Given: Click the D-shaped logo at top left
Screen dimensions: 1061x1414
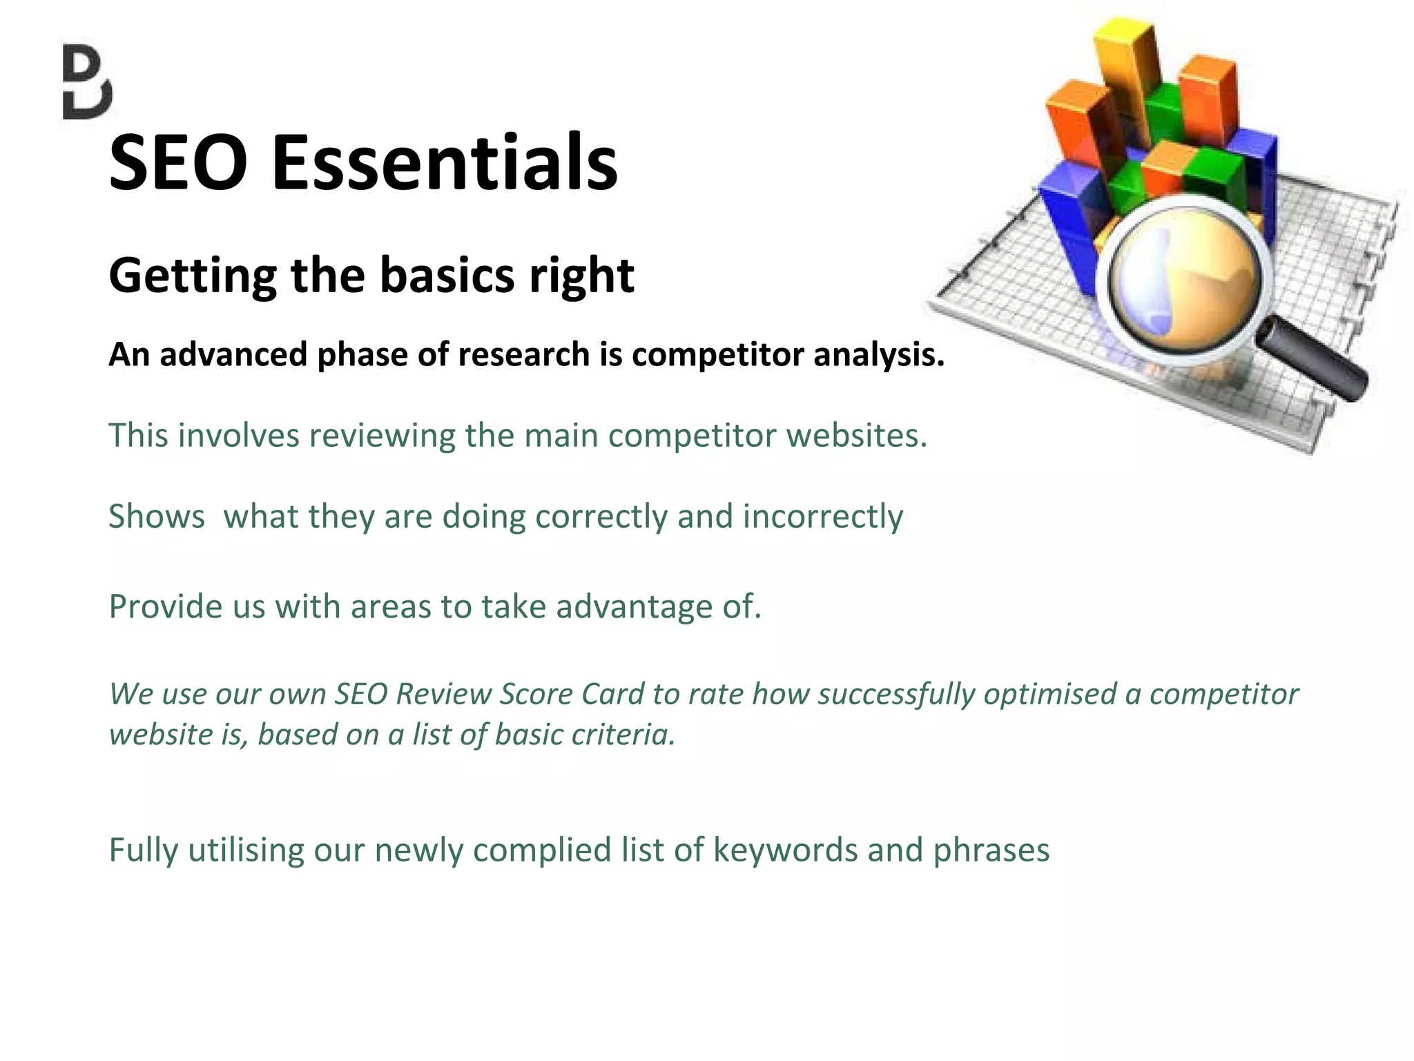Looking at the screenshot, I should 87,82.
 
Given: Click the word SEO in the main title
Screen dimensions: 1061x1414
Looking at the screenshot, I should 178,163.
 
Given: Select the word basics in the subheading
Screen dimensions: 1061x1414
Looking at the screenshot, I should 447,275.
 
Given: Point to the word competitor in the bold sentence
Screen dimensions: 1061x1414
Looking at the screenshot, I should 717,354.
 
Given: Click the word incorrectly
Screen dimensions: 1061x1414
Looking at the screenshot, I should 822,517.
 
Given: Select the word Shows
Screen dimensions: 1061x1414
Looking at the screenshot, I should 157,517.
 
